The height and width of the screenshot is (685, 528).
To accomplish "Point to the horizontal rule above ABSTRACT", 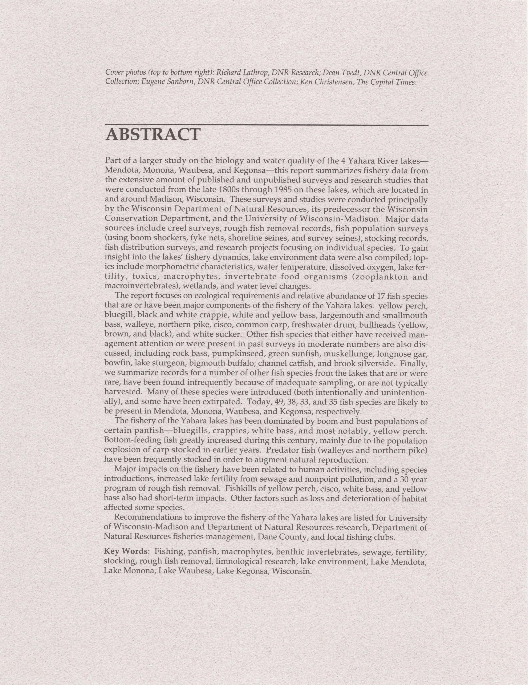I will pyautogui.click(x=267, y=125).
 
